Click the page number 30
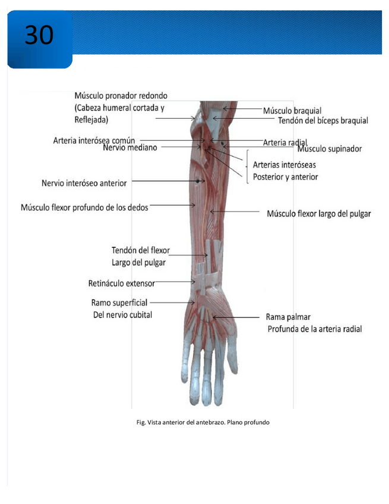point(39,35)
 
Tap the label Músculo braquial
point(292,111)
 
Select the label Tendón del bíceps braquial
point(323,121)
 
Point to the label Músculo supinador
point(329,149)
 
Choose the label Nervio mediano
point(129,147)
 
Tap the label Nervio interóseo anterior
point(84,183)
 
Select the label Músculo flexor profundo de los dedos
point(84,207)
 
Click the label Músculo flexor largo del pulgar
point(318,213)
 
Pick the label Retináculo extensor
point(121,283)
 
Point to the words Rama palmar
point(288,317)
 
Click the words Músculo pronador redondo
point(121,95)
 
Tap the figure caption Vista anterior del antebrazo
point(203,422)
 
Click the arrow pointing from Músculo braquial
point(241,110)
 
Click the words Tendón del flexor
point(140,250)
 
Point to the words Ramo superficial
point(119,303)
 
